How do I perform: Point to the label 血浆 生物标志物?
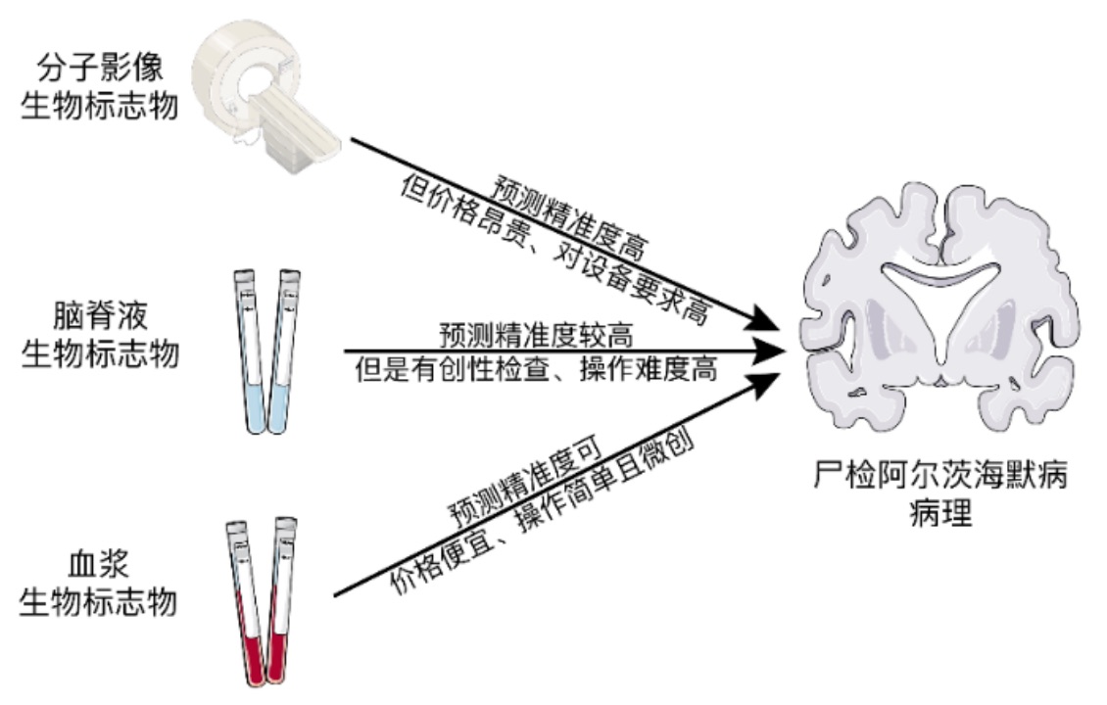99,582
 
